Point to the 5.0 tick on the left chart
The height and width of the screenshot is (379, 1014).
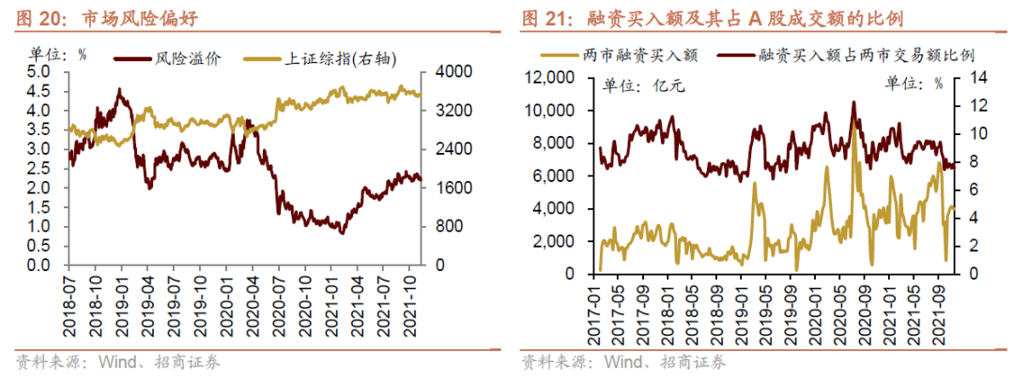coord(38,72)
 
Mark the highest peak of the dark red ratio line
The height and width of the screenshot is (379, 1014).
coord(853,101)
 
